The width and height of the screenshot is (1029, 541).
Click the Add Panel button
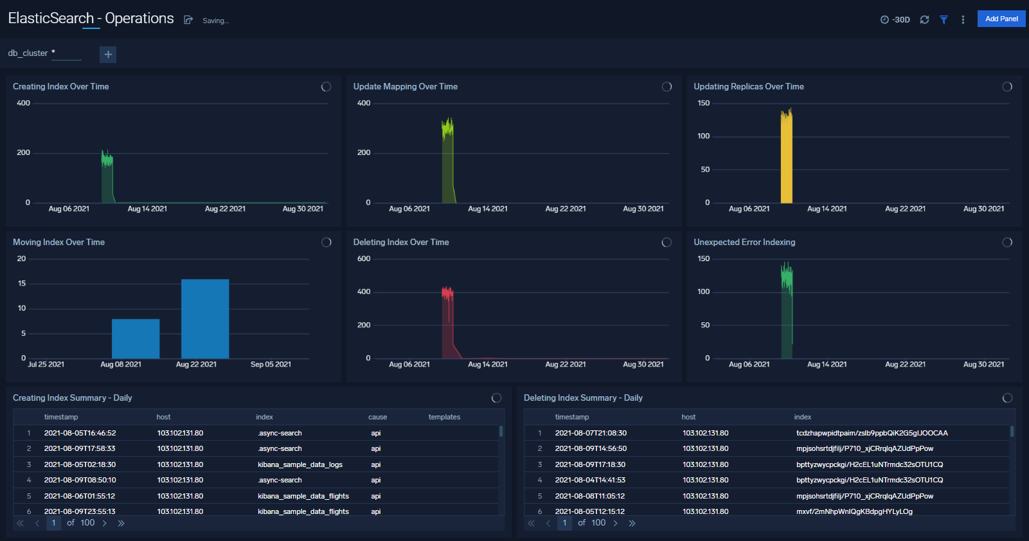(x=1001, y=19)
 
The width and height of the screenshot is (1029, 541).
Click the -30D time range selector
(x=895, y=20)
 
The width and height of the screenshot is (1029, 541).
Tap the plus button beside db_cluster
(x=108, y=55)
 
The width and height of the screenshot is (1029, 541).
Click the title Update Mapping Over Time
(x=405, y=86)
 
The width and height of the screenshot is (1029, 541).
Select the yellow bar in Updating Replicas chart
(x=786, y=161)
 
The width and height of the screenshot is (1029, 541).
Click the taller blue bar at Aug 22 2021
(x=205, y=319)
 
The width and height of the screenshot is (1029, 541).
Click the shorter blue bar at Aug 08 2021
(x=136, y=339)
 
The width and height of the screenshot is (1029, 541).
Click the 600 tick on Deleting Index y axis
(x=364, y=259)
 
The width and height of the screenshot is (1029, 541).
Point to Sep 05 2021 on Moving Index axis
(x=271, y=364)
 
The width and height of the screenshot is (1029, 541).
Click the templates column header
(x=444, y=417)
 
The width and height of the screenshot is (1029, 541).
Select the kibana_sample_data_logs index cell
(x=300, y=464)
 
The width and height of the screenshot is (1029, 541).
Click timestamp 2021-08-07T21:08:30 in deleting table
(x=590, y=433)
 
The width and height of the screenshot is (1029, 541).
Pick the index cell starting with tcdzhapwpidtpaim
(x=872, y=433)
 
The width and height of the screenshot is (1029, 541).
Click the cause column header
(x=377, y=417)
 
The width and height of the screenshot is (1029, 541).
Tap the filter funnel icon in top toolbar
(x=944, y=20)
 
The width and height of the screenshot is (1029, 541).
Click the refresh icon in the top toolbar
(x=924, y=20)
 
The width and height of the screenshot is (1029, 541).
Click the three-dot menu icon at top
(x=963, y=20)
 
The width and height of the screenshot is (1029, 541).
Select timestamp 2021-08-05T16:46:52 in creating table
(x=80, y=433)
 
